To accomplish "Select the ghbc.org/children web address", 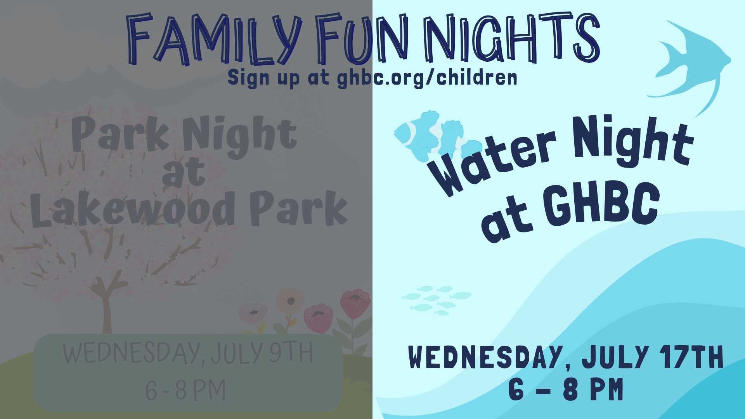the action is tap(427, 78).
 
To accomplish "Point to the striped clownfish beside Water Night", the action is tap(437, 136).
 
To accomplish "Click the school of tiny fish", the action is tap(437, 300).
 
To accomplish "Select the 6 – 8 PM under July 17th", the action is tap(566, 389).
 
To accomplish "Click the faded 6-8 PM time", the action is tap(185, 390).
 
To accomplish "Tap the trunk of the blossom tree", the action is tap(106, 310).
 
